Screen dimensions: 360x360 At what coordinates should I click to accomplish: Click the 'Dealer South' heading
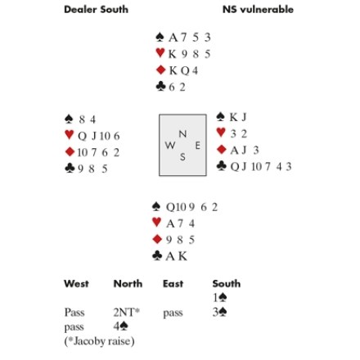coord(96,10)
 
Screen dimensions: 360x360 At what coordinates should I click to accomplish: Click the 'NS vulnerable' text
coord(258,10)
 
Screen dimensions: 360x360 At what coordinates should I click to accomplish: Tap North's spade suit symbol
coord(160,37)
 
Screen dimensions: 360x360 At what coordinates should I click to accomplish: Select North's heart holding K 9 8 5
coord(190,54)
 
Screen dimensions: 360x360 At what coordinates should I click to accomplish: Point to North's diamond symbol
coord(161,70)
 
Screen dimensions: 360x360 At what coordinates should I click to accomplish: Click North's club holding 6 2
coord(178,88)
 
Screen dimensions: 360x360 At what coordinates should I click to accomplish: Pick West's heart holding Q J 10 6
coord(99,136)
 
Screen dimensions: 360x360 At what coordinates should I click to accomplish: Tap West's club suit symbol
coord(70,168)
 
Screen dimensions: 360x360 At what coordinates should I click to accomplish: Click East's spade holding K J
coord(238,117)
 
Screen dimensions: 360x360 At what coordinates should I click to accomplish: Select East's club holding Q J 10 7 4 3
coord(261,166)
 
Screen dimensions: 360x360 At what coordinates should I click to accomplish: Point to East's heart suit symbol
coord(221,133)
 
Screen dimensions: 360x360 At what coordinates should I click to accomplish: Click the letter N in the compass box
coord(182,134)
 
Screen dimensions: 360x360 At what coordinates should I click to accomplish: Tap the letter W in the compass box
coord(170,146)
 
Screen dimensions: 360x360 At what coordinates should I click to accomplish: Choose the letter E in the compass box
coord(198,146)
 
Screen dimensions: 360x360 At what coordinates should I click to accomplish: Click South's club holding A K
coord(177,256)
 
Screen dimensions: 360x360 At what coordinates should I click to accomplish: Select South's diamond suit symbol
coord(157,239)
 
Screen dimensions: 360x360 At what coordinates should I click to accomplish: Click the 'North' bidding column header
coord(128,284)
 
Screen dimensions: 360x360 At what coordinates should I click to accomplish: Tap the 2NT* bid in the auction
coord(127,313)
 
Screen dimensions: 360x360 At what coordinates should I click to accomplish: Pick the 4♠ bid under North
coord(121,326)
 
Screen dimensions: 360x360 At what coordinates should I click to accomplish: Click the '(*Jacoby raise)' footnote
coord(99,341)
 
